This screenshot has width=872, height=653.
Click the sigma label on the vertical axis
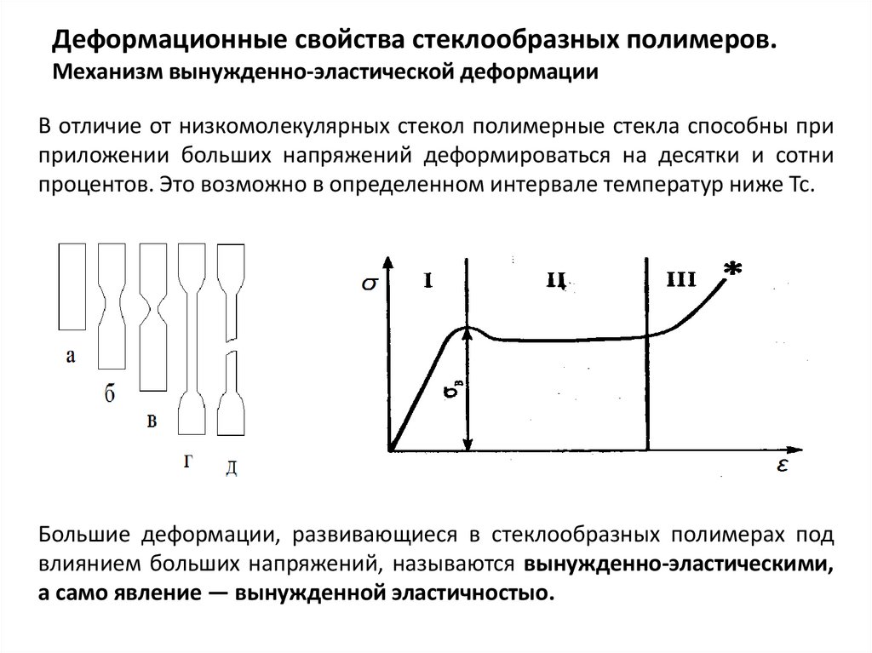tap(369, 284)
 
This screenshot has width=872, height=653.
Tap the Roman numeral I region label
tap(429, 278)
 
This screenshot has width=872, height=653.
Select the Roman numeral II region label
tap(558, 278)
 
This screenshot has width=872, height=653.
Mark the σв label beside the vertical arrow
tap(453, 393)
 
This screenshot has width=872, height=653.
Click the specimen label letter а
tap(71, 357)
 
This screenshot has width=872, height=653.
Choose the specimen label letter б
tap(111, 393)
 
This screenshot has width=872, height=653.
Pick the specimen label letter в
tap(151, 420)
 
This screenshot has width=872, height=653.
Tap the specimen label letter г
tap(187, 461)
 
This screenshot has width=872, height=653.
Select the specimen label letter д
tap(231, 467)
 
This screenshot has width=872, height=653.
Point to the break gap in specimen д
tap(232, 350)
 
